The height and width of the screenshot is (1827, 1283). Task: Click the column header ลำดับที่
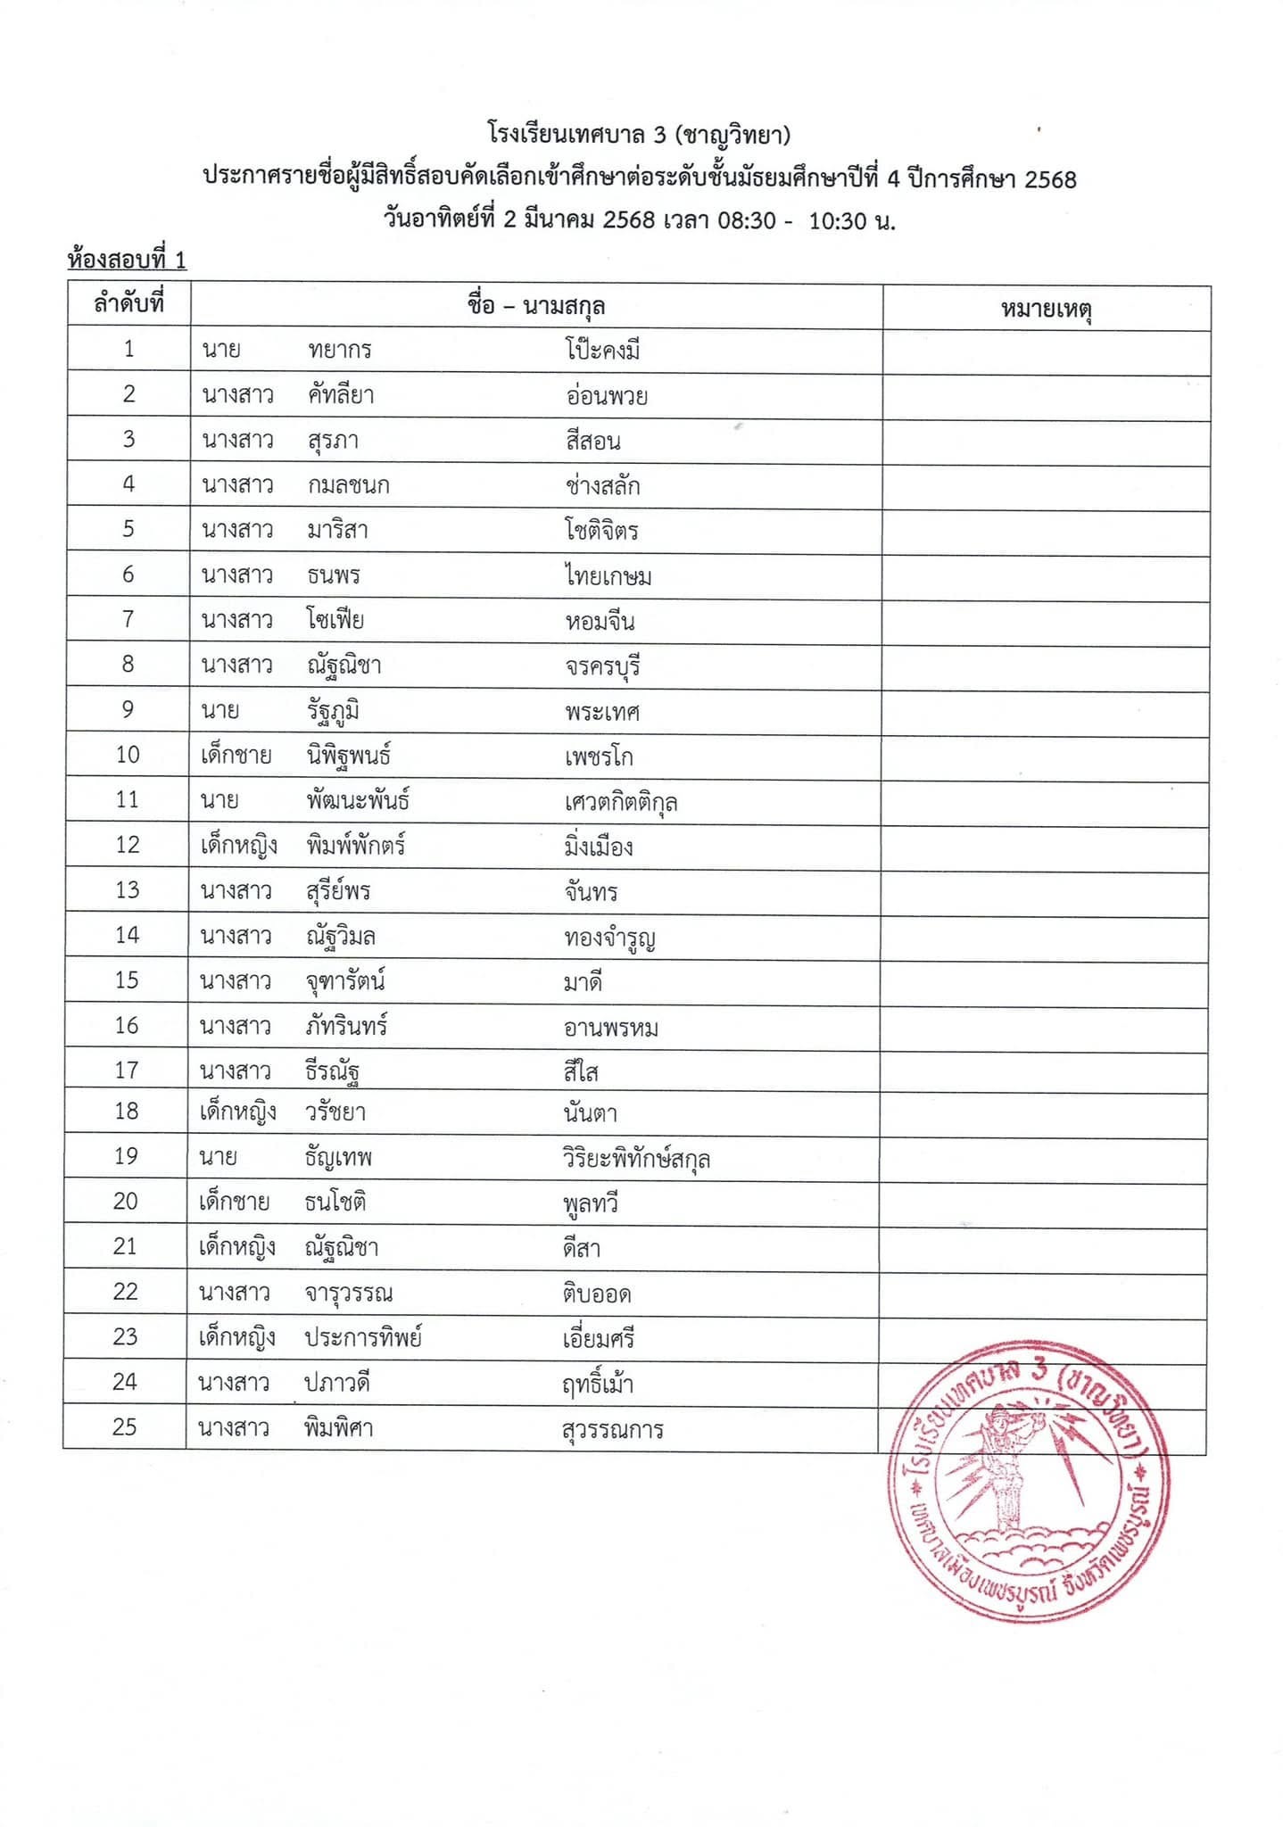pyautogui.click(x=129, y=304)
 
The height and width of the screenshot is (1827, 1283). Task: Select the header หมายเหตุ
pyautogui.click(x=1047, y=310)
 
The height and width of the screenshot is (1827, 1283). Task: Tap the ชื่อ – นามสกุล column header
pyautogui.click(x=536, y=306)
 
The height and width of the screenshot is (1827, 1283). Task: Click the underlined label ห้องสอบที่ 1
pyautogui.click(x=127, y=260)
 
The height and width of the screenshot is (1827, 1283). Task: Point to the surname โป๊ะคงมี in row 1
pyautogui.click(x=602, y=351)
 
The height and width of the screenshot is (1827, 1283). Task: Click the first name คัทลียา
pyautogui.click(x=341, y=394)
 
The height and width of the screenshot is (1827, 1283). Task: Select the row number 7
pyautogui.click(x=128, y=618)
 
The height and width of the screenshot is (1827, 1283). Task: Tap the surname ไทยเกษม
pyautogui.click(x=608, y=576)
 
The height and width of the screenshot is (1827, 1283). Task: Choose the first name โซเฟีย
pyautogui.click(x=335, y=619)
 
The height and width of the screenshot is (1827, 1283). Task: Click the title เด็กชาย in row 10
pyautogui.click(x=236, y=755)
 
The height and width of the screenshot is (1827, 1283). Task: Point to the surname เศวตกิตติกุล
pyautogui.click(x=621, y=802)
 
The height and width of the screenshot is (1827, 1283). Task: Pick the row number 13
pyautogui.click(x=128, y=889)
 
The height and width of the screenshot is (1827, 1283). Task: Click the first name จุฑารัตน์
pyautogui.click(x=344, y=981)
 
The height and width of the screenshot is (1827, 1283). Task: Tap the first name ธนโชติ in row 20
pyautogui.click(x=335, y=1202)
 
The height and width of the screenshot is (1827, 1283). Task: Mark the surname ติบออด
pyautogui.click(x=597, y=1294)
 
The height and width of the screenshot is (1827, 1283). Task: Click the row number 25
pyautogui.click(x=125, y=1426)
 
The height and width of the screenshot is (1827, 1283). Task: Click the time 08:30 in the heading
pyautogui.click(x=747, y=220)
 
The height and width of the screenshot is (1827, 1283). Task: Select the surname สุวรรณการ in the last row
pyautogui.click(x=612, y=1430)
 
